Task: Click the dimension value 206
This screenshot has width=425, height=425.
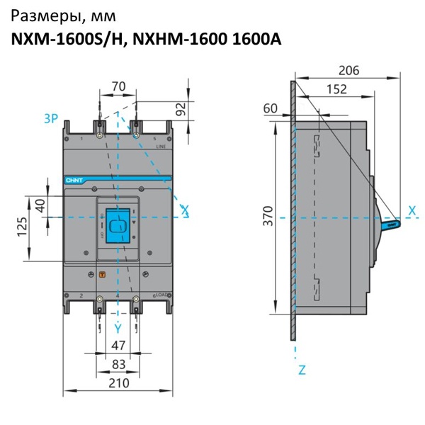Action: [348, 70]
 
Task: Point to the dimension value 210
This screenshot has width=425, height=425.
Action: [118, 383]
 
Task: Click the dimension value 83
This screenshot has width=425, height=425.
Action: [118, 363]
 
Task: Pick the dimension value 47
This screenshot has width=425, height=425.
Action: [118, 346]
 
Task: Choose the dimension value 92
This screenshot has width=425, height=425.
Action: [180, 108]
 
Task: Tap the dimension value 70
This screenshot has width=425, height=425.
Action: [118, 86]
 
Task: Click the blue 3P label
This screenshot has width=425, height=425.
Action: [50, 119]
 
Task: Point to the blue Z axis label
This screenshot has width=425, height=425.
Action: [302, 369]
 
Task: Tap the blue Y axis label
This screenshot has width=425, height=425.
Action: [118, 327]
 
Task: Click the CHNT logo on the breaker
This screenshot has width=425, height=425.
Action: [74, 181]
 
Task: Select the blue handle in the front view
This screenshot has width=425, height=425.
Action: [118, 225]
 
